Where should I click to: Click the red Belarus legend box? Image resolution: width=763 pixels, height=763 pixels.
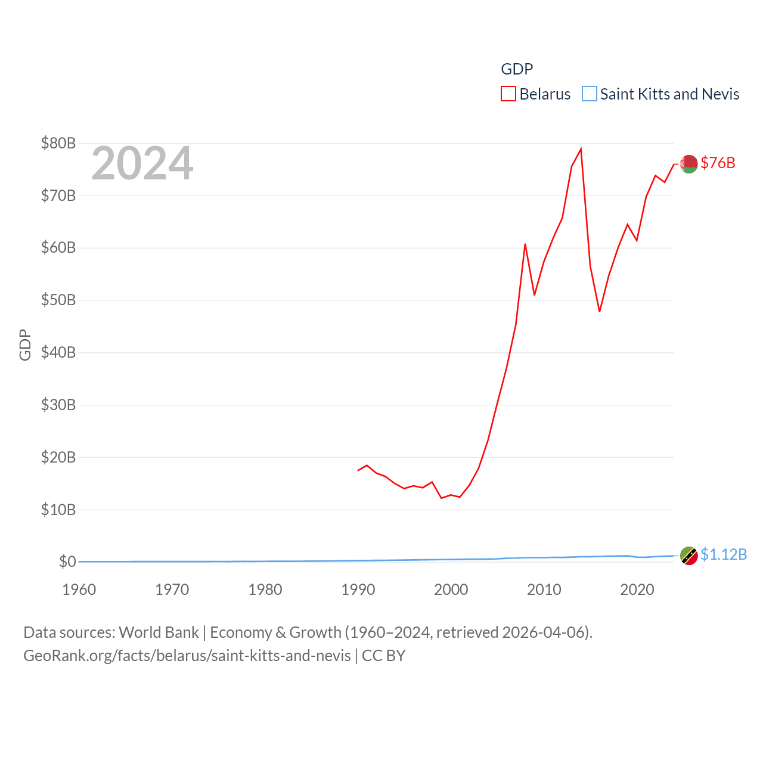(x=508, y=94)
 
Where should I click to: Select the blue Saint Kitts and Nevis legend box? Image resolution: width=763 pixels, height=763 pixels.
(x=589, y=94)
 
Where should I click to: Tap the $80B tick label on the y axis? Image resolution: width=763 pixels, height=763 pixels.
(x=58, y=143)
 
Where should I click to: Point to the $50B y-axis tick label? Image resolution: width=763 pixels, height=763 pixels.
(x=58, y=300)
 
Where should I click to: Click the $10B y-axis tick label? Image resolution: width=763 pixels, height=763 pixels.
(x=58, y=510)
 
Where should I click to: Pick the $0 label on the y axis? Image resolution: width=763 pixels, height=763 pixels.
(x=67, y=562)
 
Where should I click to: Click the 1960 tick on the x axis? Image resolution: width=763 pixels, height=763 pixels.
(x=79, y=590)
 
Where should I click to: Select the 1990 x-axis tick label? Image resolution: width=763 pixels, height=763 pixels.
(x=358, y=590)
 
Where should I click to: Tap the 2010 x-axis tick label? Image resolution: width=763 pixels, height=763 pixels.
(x=544, y=590)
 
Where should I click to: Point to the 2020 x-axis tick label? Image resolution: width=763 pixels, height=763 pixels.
(x=637, y=590)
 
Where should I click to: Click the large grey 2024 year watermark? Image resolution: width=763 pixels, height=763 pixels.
(x=142, y=163)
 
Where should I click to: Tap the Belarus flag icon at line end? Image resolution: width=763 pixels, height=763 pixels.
(x=689, y=164)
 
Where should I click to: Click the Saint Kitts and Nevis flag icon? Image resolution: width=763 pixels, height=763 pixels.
(x=689, y=556)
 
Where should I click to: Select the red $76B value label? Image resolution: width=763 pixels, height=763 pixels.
(x=718, y=163)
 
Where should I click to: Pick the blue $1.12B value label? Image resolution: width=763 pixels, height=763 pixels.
(x=724, y=554)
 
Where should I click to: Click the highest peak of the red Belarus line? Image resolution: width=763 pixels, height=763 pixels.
(x=581, y=149)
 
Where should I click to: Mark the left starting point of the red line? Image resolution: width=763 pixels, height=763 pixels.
(x=358, y=470)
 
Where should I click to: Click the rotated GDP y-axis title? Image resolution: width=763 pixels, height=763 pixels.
(x=25, y=345)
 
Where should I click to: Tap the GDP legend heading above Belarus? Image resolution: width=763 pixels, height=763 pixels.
(x=517, y=69)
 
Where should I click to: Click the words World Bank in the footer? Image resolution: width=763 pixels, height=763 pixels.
(x=159, y=632)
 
